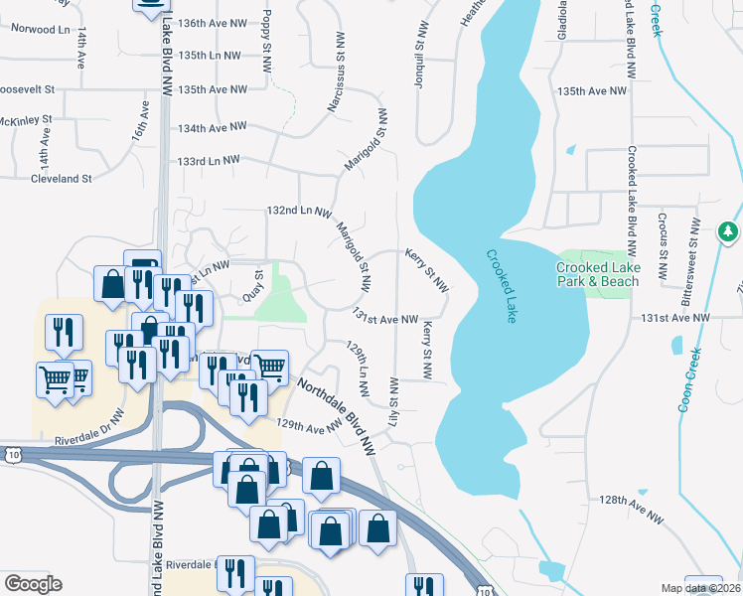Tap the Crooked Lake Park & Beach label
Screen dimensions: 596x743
click(598, 274)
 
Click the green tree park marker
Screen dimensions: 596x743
click(729, 232)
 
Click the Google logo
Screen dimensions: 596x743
click(33, 584)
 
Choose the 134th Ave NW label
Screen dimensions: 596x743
click(212, 127)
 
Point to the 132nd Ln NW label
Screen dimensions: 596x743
click(298, 212)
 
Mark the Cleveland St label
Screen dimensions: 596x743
click(61, 179)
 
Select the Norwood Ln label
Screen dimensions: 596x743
click(41, 30)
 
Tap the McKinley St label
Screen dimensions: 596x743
click(25, 121)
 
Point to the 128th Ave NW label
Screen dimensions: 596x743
click(631, 508)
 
